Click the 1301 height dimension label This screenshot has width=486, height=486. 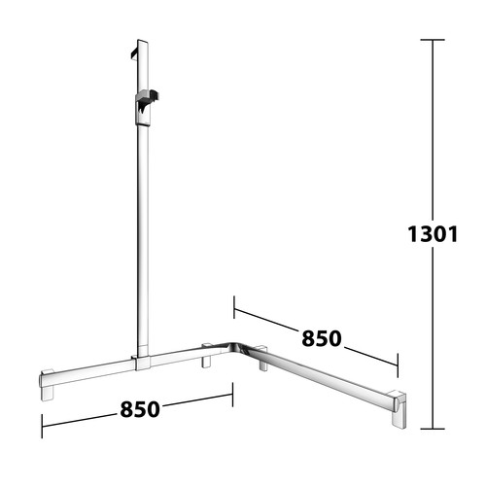(x=433, y=234)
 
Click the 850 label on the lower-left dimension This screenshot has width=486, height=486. (x=140, y=409)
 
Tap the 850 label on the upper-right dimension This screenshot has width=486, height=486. (x=322, y=338)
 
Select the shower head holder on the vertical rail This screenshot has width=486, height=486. (x=145, y=108)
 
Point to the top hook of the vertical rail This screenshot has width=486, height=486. (x=135, y=54)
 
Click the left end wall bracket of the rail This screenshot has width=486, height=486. (x=47, y=385)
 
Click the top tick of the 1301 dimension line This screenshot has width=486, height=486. (x=433, y=40)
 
